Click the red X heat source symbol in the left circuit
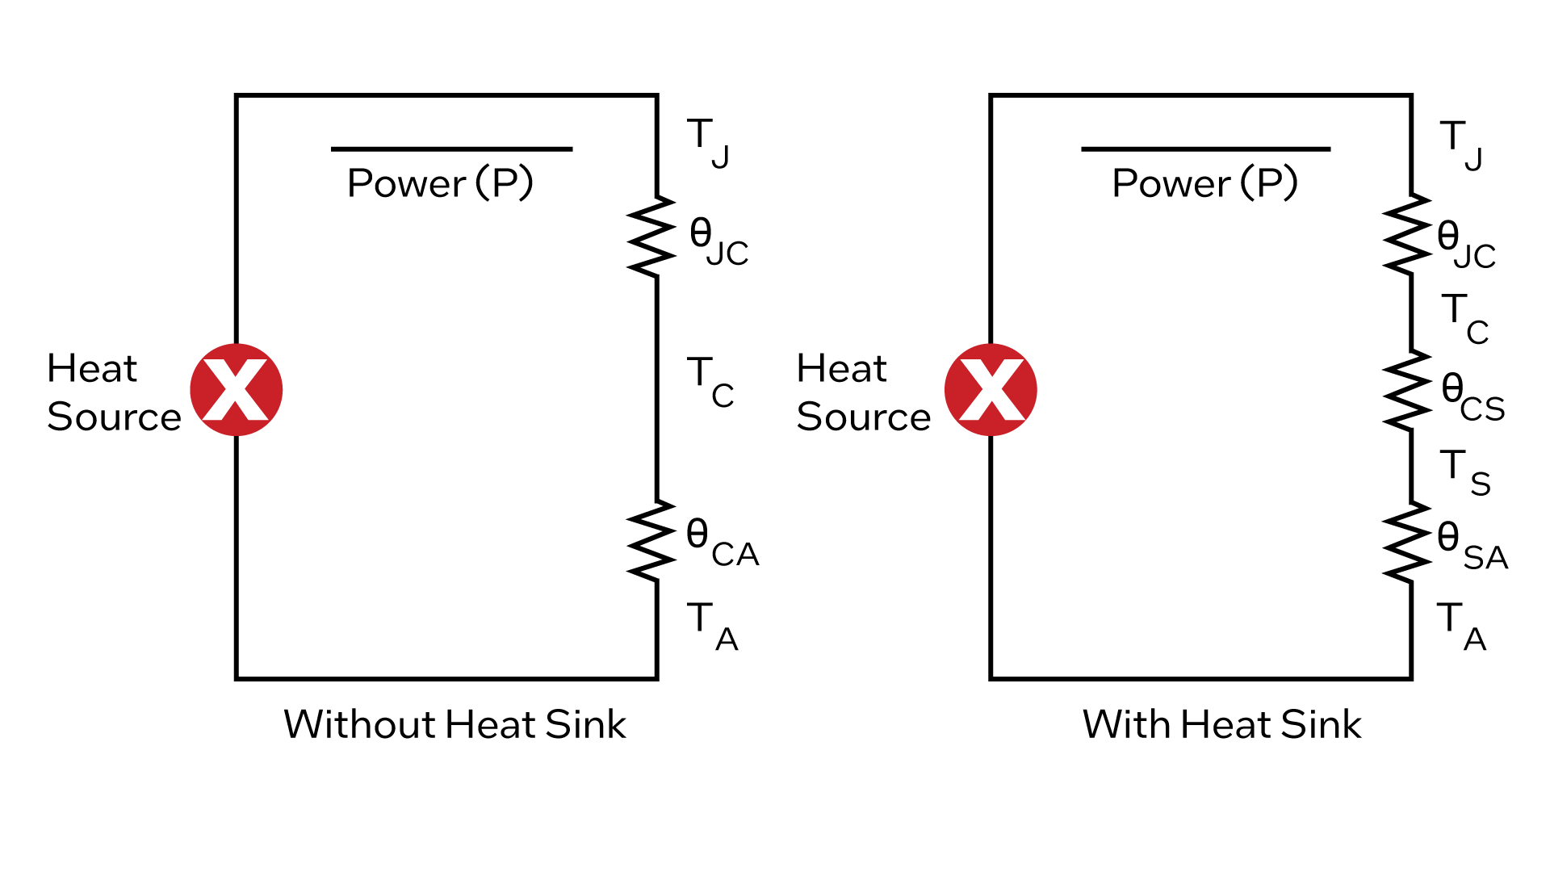(237, 390)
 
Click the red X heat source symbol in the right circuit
(991, 390)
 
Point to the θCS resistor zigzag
(1407, 391)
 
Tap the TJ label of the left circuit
(707, 141)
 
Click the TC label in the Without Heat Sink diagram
(710, 381)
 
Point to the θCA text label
(722, 543)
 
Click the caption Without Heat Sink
(455, 724)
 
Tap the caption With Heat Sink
(1221, 724)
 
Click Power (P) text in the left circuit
(440, 182)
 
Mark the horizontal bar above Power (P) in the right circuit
(1205, 149)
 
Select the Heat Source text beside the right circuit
(863, 392)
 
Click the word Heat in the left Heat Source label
(92, 369)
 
